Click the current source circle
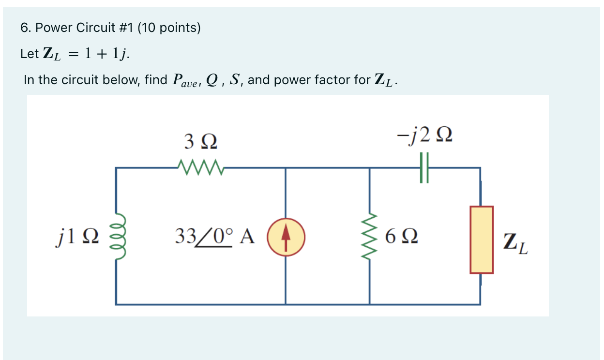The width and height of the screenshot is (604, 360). [x=286, y=237]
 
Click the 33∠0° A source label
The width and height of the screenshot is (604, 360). [x=214, y=237]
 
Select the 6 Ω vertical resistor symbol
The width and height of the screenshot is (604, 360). [x=370, y=237]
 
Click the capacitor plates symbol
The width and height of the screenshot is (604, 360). [x=424, y=168]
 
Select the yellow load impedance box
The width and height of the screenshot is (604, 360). [x=481, y=240]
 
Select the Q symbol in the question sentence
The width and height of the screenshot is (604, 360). [x=212, y=79]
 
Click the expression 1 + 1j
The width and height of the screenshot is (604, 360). [x=106, y=54]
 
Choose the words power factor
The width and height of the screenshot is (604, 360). [x=314, y=79]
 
